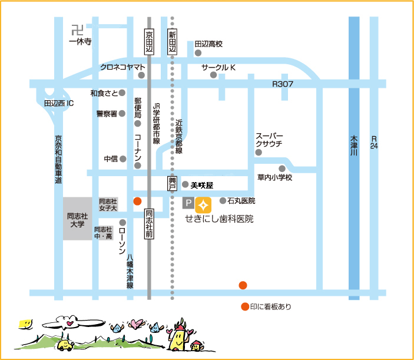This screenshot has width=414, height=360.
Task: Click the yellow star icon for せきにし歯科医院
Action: click(203, 205)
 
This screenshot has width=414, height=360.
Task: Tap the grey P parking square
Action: click(188, 203)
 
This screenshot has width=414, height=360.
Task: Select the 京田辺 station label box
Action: click(149, 41)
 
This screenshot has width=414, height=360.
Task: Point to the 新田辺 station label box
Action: click(172, 41)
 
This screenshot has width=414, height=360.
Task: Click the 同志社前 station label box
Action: click(149, 224)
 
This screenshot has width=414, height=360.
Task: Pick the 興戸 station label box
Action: click(173, 183)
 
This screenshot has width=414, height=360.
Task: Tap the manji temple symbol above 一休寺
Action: click(77, 30)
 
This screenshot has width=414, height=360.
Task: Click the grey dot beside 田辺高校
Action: click(198, 53)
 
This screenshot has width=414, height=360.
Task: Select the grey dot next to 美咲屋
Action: click(185, 184)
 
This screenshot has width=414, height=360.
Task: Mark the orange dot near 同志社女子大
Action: click(137, 202)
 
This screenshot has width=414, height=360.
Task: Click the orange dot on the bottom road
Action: click(243, 285)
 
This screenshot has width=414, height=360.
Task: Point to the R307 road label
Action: click(283, 84)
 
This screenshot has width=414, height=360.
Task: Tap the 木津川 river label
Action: click(354, 146)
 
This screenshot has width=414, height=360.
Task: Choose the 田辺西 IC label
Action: click(59, 103)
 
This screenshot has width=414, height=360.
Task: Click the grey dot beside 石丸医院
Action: click(223, 201)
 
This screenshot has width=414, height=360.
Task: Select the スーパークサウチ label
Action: click(269, 140)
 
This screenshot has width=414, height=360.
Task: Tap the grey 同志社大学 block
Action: click(77, 219)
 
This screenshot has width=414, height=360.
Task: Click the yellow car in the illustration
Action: click(65, 345)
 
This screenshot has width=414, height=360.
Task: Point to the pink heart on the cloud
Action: click(69, 323)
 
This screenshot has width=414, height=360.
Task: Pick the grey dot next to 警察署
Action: click(122, 114)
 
